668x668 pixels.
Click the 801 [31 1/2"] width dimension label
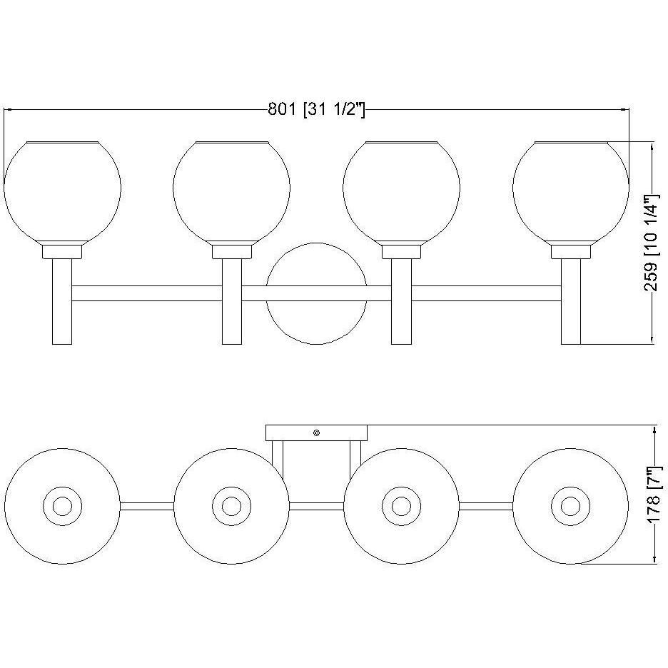coord(316,110)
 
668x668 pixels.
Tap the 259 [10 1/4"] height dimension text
coord(651,243)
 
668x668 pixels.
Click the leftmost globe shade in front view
coord(62,190)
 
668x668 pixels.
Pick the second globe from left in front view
coord(231,190)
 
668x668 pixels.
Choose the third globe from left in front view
coord(401,190)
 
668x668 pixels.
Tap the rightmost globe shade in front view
coord(570,190)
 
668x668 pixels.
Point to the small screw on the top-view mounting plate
coord(316,432)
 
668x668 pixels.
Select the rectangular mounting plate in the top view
coord(293,432)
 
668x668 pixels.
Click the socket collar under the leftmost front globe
coord(62,250)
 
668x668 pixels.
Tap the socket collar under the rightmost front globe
coord(570,250)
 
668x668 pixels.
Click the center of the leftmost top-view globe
coord(62,506)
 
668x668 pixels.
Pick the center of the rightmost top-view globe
coord(570,506)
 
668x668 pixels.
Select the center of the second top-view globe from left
coord(231,506)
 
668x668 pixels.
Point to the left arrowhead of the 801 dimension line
coord(7,110)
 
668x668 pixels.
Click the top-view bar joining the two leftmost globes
coord(147,506)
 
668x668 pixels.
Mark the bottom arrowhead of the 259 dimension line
coord(653,340)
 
